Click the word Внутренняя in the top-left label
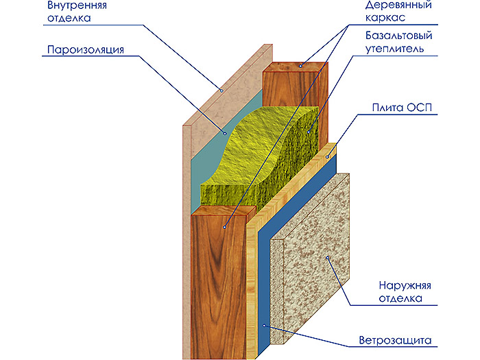tap(73, 6)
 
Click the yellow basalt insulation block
tap(267, 158)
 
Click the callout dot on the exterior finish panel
tap(328, 258)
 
